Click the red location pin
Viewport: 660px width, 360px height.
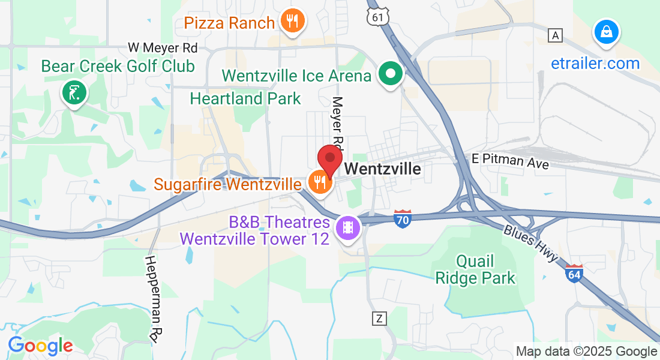[x=329, y=159]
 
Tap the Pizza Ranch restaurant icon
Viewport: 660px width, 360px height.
[x=292, y=22]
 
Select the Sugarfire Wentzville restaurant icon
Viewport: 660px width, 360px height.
[x=319, y=180]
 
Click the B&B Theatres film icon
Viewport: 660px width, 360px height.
[x=347, y=227]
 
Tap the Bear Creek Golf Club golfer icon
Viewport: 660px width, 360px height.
[x=74, y=92]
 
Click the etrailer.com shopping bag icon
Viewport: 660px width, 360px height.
[x=607, y=31]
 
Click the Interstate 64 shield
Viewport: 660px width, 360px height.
[x=574, y=274]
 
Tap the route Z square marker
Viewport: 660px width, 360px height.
[x=379, y=318]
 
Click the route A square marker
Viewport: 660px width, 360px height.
[x=556, y=35]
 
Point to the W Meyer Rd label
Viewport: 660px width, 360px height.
[x=163, y=47]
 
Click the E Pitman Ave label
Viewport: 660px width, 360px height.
[x=509, y=161]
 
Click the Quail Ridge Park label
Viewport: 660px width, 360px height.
[x=484, y=269]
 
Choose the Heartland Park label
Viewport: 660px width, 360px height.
[x=245, y=98]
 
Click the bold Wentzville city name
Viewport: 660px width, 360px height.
[x=383, y=169]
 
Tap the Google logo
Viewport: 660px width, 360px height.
[x=40, y=346]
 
